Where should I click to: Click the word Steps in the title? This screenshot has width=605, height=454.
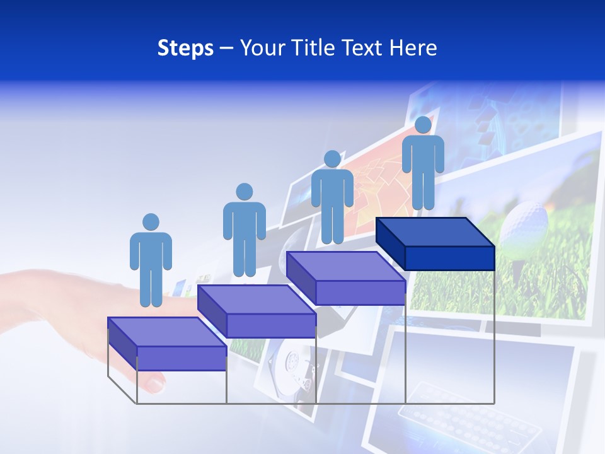pos(185,48)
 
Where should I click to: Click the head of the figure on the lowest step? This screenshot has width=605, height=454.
pos(151,222)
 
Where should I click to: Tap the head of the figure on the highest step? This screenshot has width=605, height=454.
pos(423,125)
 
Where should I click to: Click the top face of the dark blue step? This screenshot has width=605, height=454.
pos(435,232)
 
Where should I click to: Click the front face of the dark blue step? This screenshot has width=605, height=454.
pos(449,258)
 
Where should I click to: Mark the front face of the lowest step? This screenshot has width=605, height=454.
pos(181,358)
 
